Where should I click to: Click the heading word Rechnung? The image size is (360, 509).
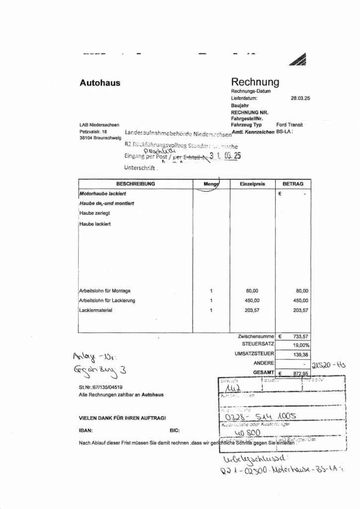[255, 82]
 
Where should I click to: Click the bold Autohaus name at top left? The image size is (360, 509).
[100, 83]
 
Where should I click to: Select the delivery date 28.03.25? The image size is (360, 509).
[300, 99]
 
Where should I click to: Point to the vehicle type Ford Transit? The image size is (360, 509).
[289, 125]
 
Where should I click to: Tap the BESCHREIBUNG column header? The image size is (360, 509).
[135, 184]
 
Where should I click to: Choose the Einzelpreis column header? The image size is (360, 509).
[253, 184]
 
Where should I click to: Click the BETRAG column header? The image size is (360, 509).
[293, 184]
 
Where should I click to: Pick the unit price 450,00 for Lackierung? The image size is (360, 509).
[253, 300]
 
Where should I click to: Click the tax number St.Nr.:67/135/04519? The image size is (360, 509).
[100, 387]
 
